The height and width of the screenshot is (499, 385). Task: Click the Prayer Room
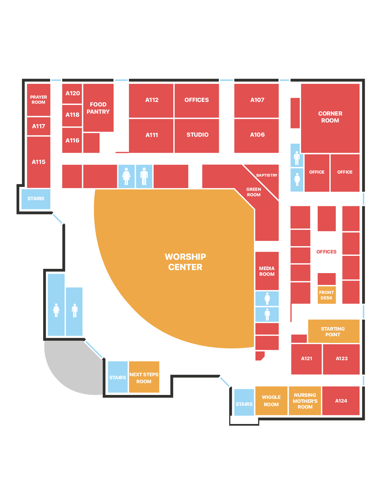[39, 100]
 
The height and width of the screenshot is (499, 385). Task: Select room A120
[72, 94]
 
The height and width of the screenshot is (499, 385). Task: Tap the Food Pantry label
[98, 108]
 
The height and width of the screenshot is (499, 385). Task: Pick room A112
[151, 101]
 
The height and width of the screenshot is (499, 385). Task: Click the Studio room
[197, 136]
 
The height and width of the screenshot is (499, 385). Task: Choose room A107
[256, 101]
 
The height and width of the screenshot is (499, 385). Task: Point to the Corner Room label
[330, 117]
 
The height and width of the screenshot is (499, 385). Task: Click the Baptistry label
[267, 175]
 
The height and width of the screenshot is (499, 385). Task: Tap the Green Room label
[254, 192]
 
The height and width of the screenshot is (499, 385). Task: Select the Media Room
[267, 271]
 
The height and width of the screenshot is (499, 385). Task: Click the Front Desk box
[326, 295]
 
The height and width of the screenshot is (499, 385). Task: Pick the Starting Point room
[334, 331]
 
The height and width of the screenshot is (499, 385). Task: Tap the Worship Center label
[185, 262]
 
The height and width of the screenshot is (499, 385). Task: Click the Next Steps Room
[144, 377]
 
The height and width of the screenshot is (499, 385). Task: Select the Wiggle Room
[271, 401]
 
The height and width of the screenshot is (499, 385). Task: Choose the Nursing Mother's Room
[305, 401]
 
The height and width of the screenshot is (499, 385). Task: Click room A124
[341, 401]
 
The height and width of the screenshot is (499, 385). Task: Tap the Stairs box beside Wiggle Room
[244, 402]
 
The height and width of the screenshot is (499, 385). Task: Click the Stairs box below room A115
[36, 199]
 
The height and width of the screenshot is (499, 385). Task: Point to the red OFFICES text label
[326, 252]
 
